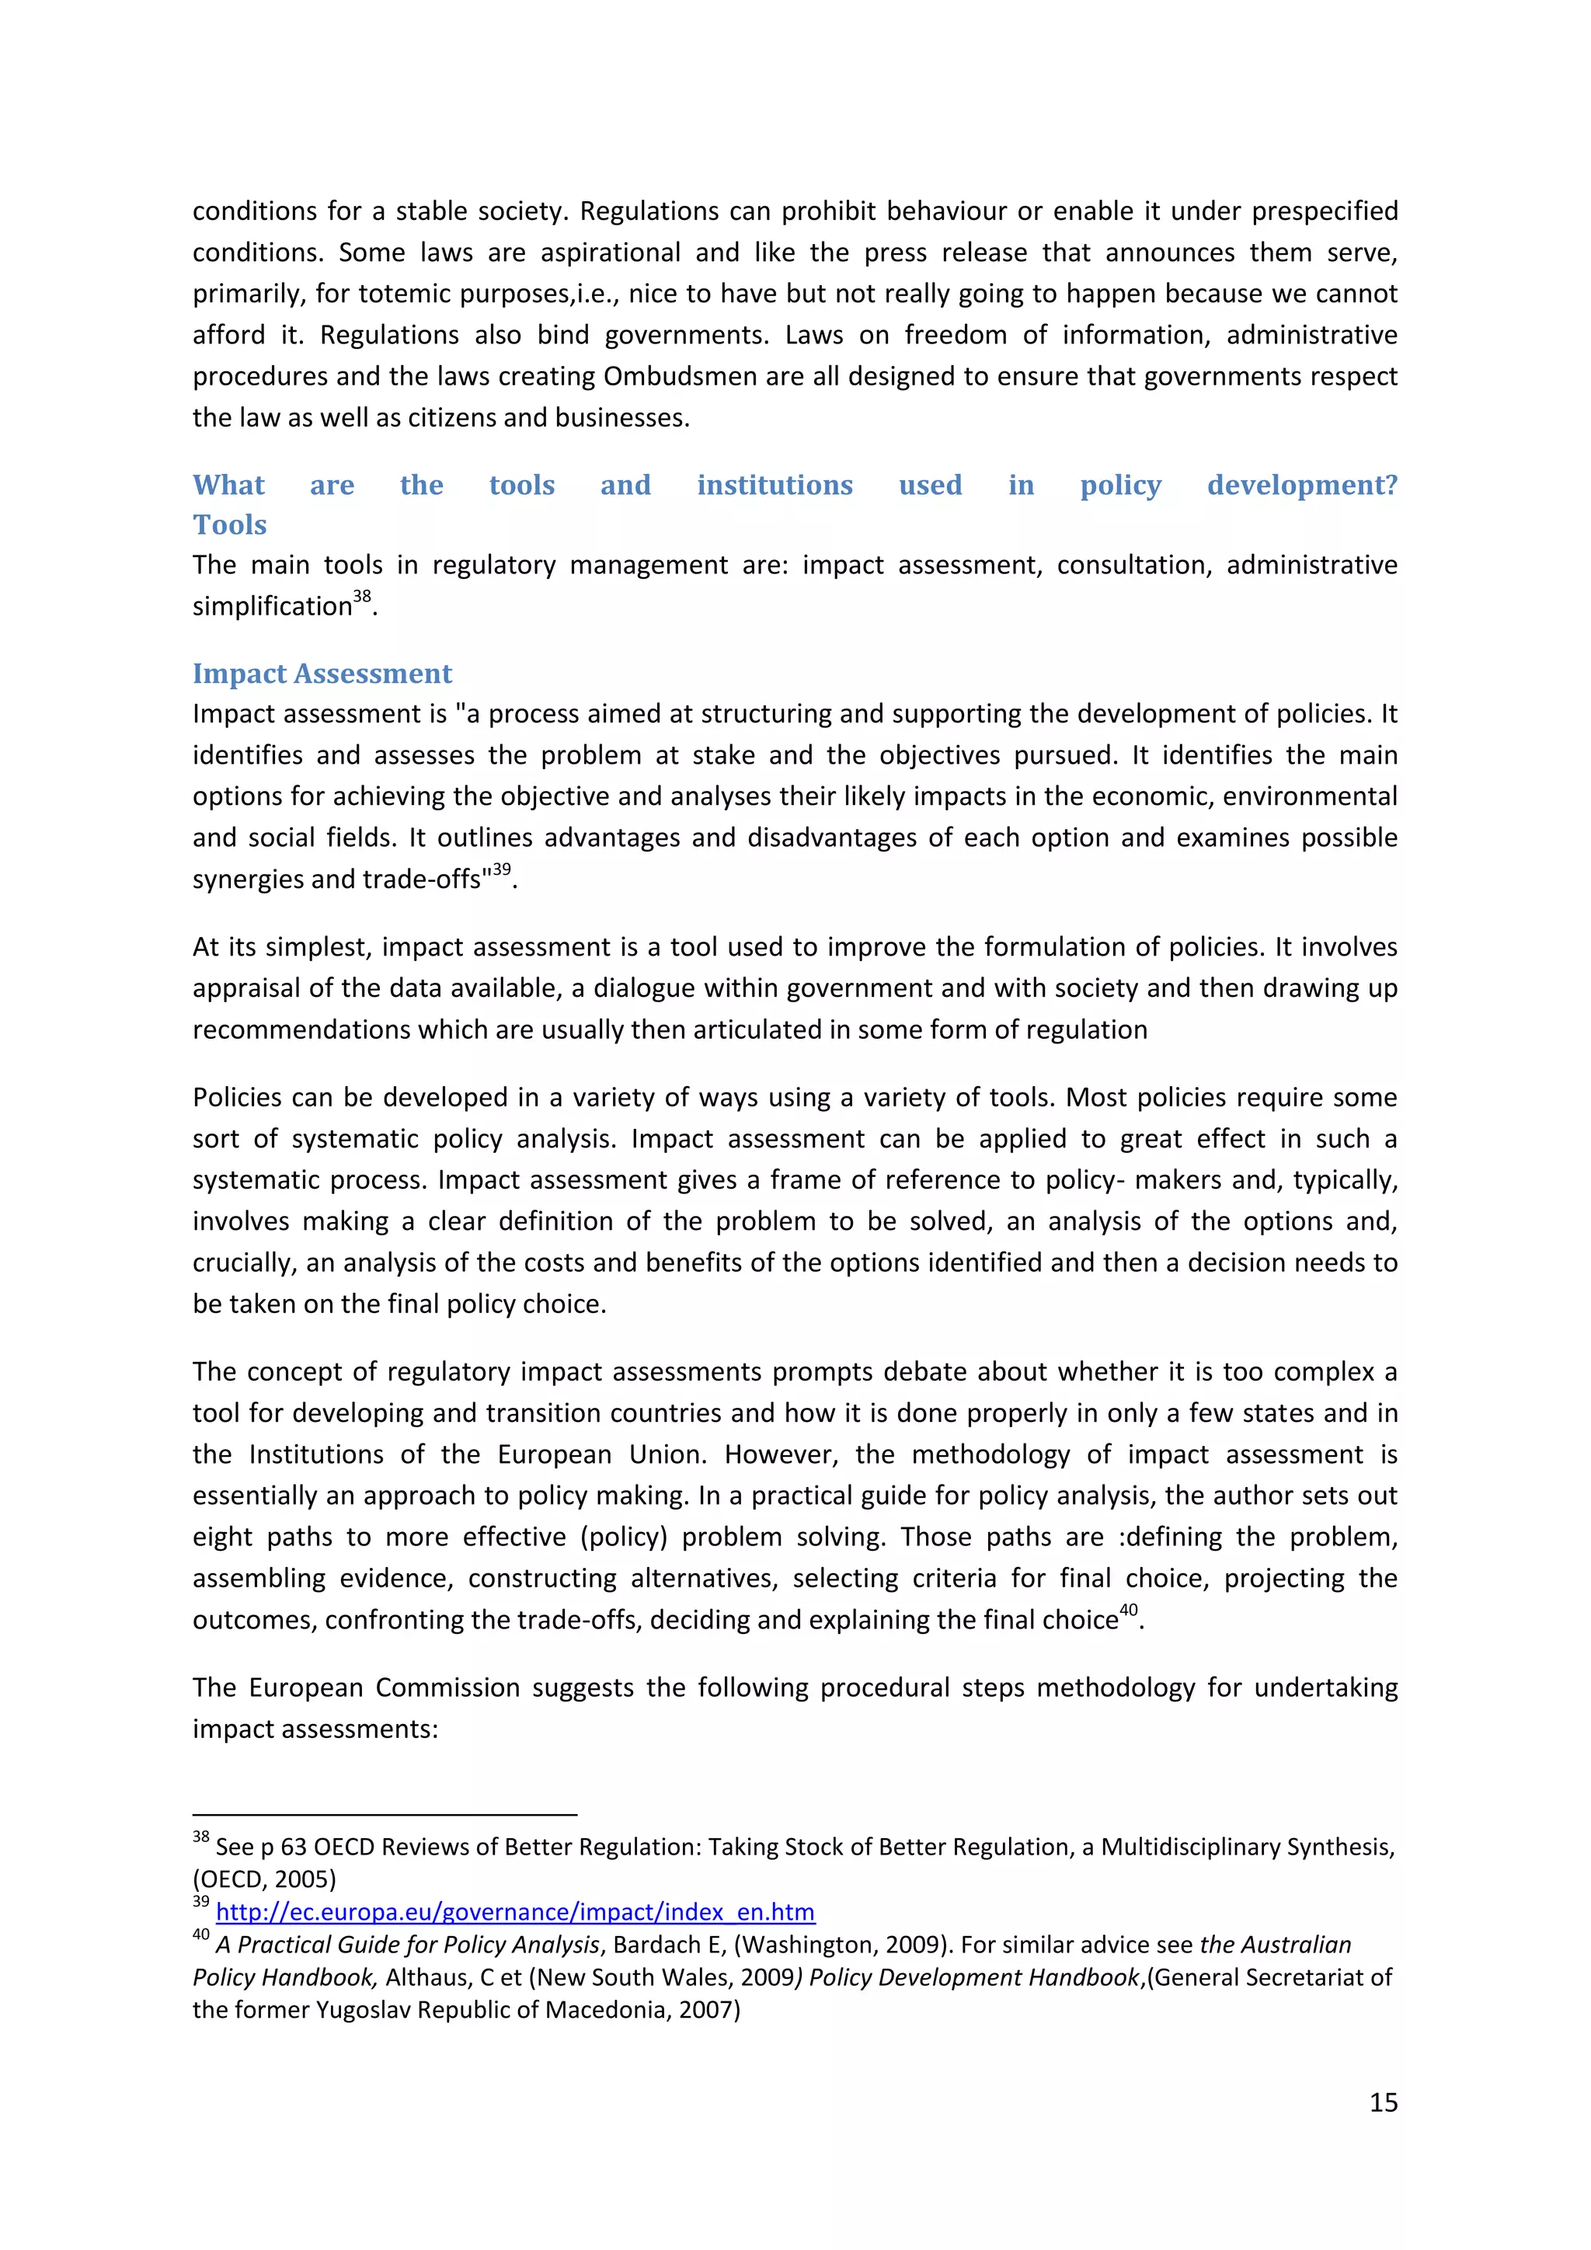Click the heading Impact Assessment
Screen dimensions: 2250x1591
[322, 674]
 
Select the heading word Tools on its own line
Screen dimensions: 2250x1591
[229, 525]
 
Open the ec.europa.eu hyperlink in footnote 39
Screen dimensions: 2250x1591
[514, 1912]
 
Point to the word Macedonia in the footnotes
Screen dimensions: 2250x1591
[608, 2011]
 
